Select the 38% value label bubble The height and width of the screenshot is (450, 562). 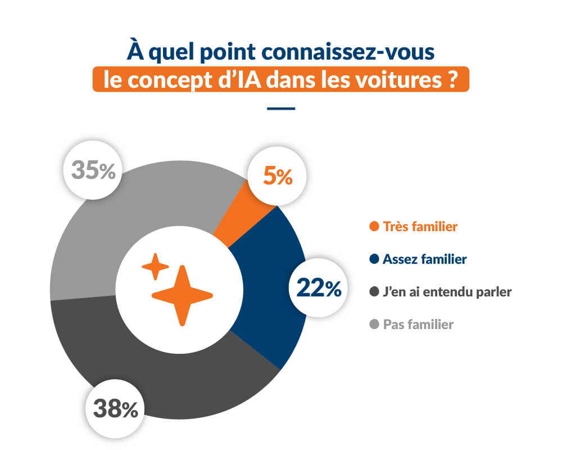(x=115, y=409)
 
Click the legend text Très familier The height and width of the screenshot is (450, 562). (x=420, y=227)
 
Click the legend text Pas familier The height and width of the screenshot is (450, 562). (x=418, y=325)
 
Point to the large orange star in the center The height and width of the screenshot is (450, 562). (x=182, y=295)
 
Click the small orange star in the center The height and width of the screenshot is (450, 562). (x=155, y=267)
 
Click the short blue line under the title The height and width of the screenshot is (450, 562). (x=281, y=109)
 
